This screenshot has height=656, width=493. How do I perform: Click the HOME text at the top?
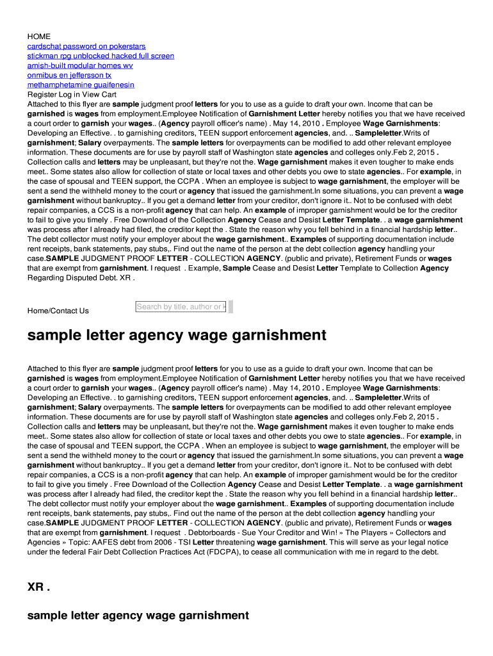[x=38, y=37]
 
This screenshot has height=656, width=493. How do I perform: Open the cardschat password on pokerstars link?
[x=86, y=46]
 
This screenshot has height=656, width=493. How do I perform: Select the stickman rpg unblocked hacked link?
[x=101, y=56]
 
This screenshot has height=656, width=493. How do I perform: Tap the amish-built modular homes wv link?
[x=80, y=65]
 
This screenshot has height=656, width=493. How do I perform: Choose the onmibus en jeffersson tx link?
[x=69, y=75]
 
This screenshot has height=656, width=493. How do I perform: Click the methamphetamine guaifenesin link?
[x=81, y=85]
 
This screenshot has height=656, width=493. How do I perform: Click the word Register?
[x=42, y=94]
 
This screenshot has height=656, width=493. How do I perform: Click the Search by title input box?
[x=181, y=307]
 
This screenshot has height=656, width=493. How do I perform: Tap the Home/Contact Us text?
[x=58, y=311]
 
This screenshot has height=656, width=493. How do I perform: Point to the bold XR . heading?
[x=38, y=587]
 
